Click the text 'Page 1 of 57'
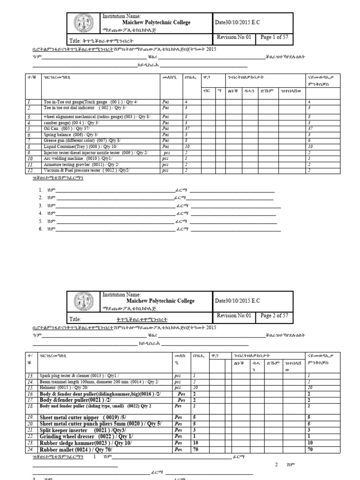tap(274, 37)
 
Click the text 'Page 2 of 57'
tap(274, 316)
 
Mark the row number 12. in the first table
tap(30, 171)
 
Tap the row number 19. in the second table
tap(30, 417)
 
